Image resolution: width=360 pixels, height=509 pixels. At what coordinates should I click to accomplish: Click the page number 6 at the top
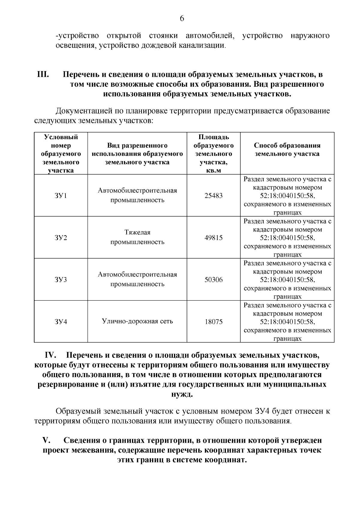point(181,19)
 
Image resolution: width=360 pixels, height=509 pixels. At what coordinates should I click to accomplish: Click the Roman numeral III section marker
point(43,74)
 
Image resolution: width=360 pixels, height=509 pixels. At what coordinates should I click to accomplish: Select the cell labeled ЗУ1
point(61,196)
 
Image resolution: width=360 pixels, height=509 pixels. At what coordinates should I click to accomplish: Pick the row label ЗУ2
point(61,238)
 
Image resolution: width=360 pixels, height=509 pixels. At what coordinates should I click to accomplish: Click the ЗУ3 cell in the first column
point(61,280)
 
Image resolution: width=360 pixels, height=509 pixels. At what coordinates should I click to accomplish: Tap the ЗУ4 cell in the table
point(61,322)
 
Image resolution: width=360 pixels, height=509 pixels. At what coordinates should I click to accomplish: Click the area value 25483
point(213,196)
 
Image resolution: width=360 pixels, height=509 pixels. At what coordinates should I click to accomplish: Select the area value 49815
point(213,238)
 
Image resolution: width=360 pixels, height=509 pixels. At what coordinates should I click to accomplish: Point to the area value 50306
point(213,280)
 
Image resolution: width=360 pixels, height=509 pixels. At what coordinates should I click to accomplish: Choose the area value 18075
point(213,322)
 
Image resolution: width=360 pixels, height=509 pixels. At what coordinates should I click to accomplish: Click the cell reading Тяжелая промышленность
point(137,237)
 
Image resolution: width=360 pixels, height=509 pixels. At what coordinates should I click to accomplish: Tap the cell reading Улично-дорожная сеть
point(137,322)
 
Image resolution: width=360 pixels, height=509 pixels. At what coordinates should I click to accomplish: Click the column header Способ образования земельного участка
point(287,150)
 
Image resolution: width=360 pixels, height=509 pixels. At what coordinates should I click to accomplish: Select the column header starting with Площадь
point(213,154)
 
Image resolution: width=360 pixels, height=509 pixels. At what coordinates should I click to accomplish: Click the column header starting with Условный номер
point(61,154)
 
